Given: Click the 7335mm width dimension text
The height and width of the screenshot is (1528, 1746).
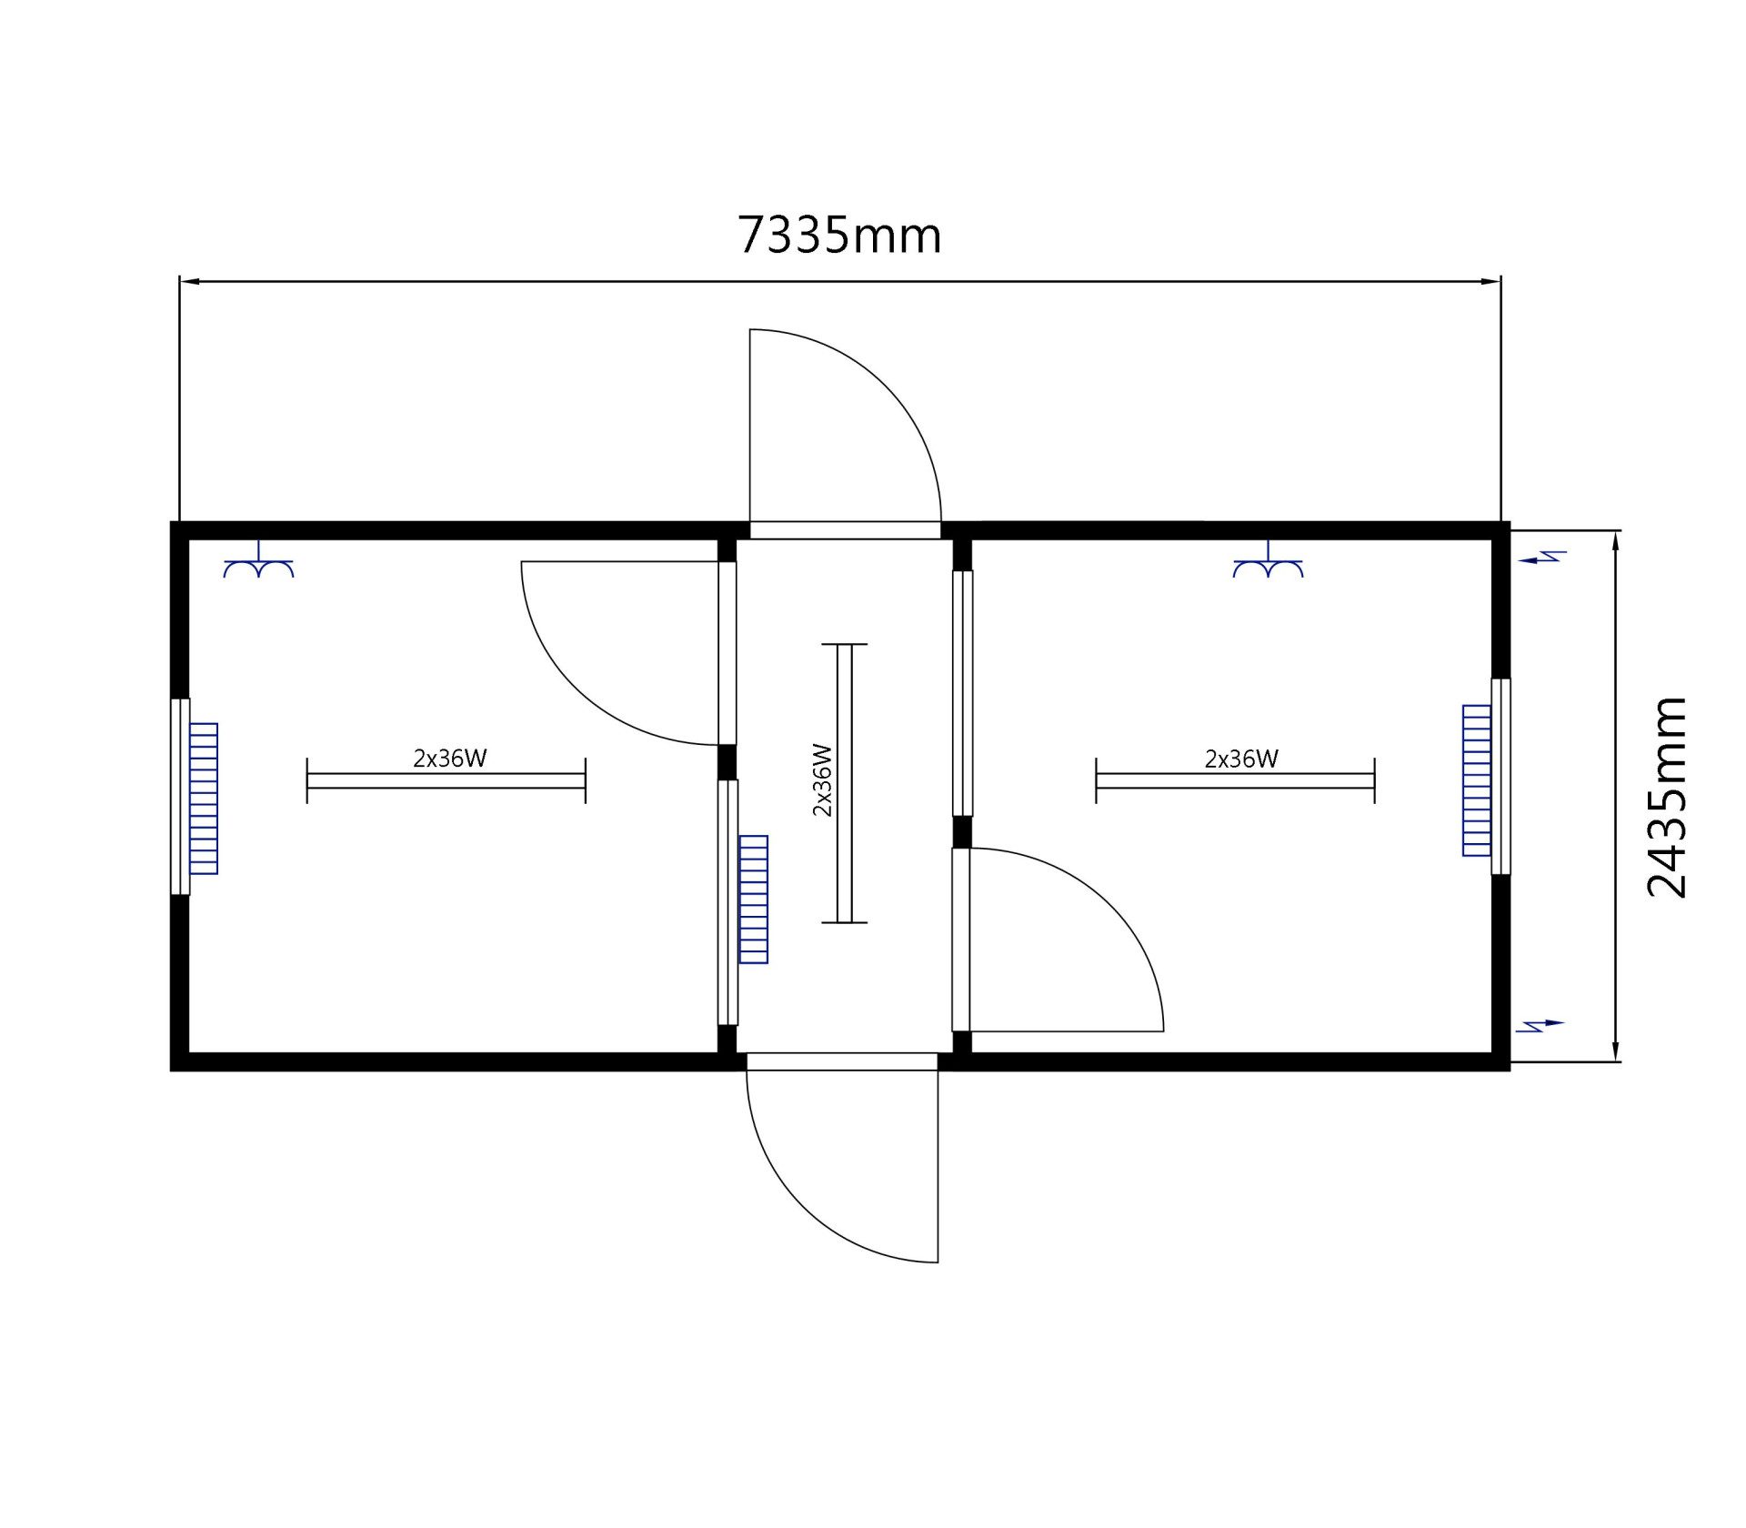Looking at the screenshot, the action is click(838, 235).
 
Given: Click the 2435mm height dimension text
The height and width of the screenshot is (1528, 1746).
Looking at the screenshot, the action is click(1668, 798).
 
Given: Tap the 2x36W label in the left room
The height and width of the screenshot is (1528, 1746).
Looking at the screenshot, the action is click(450, 758).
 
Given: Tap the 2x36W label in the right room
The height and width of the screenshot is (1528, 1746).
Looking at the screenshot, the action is click(1241, 758).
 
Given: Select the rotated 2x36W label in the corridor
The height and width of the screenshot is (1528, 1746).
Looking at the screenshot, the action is click(822, 780).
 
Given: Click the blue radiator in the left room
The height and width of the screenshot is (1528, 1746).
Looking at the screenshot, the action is click(204, 799).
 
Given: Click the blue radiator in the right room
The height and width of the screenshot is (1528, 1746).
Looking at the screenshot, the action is click(1477, 780).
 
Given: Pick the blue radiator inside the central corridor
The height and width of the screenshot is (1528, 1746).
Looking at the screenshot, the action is click(754, 900).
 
